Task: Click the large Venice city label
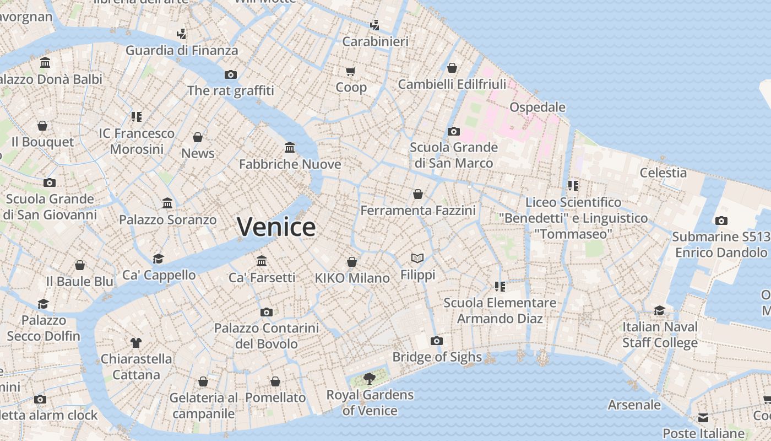point(276,227)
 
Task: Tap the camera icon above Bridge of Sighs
point(437,341)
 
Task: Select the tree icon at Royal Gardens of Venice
point(370,378)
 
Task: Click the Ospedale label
point(537,107)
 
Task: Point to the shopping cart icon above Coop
point(351,71)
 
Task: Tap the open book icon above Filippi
point(417,258)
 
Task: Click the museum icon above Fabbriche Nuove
point(290,147)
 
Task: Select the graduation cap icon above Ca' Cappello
point(159,259)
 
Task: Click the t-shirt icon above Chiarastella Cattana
point(136,343)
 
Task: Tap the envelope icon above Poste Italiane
point(703,417)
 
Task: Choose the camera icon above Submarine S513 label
point(721,220)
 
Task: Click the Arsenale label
point(634,405)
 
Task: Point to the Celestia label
point(663,173)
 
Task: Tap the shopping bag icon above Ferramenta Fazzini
point(418,194)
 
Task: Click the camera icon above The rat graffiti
point(231,74)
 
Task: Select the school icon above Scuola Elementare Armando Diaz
point(500,286)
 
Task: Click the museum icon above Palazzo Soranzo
point(168,203)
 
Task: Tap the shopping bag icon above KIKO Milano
point(352,262)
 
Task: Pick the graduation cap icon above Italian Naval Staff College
point(660,310)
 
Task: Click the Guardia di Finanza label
point(182,51)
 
